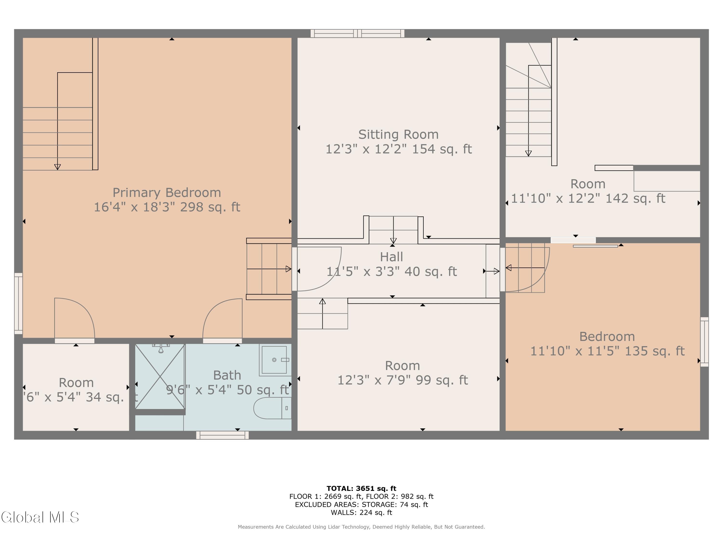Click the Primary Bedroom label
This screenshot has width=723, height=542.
pos(167,193)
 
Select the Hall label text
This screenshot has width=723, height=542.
pos(391,257)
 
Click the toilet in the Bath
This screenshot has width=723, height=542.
pos(272,408)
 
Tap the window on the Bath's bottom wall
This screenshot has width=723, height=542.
pos(222,435)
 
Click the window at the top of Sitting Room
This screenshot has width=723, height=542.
pos(357,33)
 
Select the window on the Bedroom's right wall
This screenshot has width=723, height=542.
pos(704,342)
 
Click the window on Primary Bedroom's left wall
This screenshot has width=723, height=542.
pos(18,304)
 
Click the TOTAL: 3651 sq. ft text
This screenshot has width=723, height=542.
pos(361,489)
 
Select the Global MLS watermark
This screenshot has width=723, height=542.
pos(40,517)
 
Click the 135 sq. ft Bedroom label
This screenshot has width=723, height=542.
pos(607,337)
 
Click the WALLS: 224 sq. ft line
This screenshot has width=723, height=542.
pos(361,513)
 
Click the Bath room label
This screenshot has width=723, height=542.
pos(227,375)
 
